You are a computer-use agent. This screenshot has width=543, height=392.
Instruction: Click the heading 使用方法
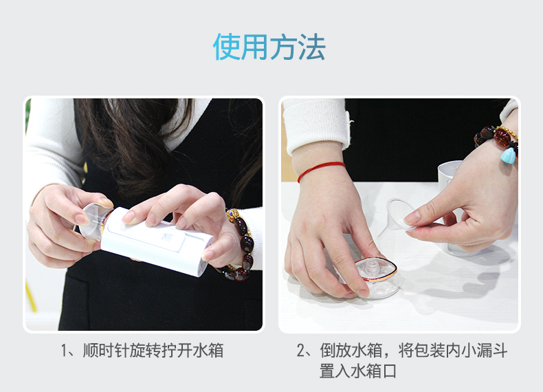click(x=269, y=47)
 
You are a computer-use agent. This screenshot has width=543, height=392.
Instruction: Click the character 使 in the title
click(x=227, y=47)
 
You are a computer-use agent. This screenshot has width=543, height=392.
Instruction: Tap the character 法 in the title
click(x=311, y=47)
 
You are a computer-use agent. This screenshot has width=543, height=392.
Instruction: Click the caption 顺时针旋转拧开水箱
click(x=153, y=351)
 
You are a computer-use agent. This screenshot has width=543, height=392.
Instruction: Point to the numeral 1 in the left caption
click(x=64, y=351)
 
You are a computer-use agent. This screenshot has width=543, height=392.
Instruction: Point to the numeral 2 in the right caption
click(x=300, y=351)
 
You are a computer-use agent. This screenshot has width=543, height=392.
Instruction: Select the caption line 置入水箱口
click(x=357, y=371)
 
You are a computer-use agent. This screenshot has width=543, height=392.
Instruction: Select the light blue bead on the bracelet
click(x=508, y=156)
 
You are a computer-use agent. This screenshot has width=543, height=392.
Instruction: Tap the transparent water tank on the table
click(x=373, y=277)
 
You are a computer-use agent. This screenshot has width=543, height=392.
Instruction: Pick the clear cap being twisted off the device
click(x=93, y=222)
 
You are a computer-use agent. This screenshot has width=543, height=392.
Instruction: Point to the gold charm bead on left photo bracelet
click(x=233, y=215)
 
